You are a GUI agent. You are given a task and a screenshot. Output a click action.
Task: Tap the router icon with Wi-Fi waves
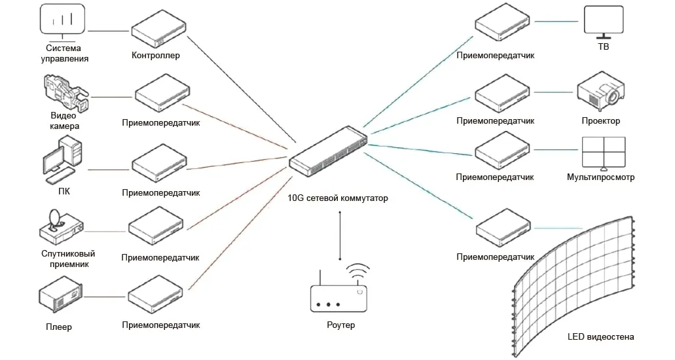338,293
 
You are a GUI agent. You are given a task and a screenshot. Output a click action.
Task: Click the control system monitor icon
64,19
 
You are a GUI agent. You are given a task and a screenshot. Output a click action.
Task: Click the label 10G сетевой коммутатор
338,198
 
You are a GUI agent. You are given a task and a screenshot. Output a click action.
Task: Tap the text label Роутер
340,325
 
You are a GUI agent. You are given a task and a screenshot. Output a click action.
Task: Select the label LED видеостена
600,338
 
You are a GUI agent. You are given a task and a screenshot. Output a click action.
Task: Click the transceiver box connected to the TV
502,26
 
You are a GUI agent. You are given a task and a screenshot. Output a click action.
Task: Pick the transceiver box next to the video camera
163,94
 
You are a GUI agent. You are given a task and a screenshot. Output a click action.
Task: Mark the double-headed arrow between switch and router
339,236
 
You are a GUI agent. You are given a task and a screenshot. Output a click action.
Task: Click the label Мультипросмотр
600,177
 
